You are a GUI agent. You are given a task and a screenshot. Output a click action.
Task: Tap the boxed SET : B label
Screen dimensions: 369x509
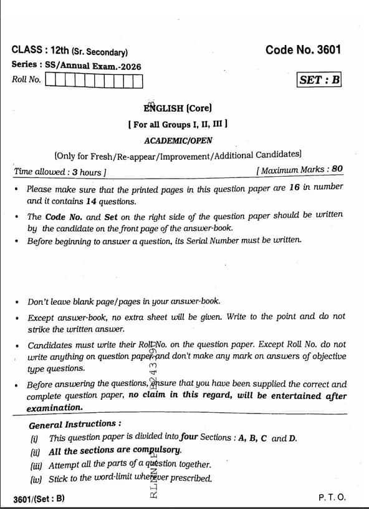pos(320,80)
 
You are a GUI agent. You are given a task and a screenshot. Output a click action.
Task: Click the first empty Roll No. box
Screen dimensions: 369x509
pos(51,81)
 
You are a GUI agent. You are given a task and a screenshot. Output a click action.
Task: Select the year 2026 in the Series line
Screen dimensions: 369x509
pos(129,66)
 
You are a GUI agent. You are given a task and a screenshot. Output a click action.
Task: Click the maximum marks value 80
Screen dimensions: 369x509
pos(337,169)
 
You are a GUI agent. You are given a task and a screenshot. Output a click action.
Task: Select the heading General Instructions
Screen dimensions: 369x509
pos(75,424)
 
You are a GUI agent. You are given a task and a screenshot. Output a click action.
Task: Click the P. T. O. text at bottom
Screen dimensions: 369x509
pos(332,497)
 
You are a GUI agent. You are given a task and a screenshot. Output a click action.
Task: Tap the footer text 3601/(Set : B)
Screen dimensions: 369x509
pos(39,498)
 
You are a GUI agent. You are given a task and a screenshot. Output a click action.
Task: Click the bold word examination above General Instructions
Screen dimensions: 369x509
pos(54,408)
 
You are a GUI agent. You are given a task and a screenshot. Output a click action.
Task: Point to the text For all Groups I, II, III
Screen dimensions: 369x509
pos(178,124)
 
